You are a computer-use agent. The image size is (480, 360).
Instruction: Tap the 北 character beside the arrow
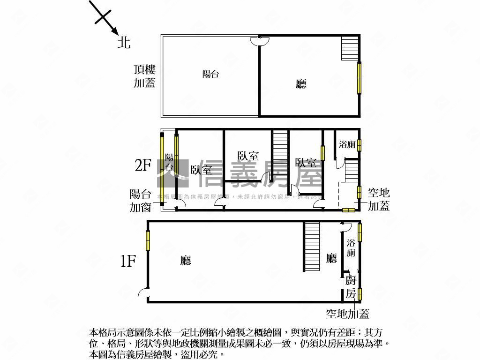coord(124,43)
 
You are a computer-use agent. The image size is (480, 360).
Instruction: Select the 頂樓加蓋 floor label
coord(144,76)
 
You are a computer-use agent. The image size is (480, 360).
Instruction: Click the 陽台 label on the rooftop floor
coord(210,74)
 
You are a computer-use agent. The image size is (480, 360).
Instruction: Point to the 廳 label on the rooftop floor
coord(301,84)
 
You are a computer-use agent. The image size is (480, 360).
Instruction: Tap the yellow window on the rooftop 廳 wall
coord(360,77)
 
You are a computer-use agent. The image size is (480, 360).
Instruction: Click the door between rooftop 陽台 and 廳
coord(259,42)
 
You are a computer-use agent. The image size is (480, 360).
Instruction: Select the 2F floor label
coord(142,165)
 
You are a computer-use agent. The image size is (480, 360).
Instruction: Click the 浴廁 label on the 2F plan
coord(347,145)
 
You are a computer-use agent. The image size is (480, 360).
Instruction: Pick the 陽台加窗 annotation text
coord(141,200)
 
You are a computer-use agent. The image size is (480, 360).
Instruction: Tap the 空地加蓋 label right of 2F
coord(379,199)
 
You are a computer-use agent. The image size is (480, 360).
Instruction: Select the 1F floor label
coord(128,261)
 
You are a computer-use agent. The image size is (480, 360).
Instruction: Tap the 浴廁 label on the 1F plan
coord(351,248)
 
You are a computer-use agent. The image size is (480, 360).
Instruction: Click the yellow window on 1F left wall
coord(148,240)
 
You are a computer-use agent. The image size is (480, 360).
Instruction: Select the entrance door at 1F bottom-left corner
coord(144,293)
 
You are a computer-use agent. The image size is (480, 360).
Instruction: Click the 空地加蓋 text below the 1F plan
coord(347,314)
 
